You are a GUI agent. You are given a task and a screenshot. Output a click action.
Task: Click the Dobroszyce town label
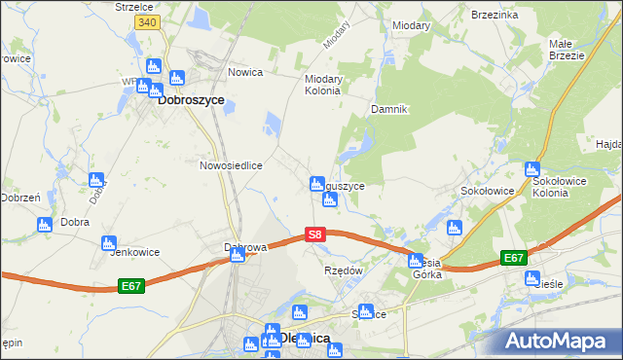191,99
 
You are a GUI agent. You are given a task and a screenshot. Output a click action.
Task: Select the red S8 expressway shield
314,234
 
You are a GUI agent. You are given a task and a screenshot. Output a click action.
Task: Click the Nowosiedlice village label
232,165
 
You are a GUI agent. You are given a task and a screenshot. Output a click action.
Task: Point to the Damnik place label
387,109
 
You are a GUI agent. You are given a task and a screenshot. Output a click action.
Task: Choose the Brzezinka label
495,16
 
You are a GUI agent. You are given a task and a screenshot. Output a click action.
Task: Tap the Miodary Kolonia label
322,85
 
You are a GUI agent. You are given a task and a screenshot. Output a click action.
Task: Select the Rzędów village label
343,270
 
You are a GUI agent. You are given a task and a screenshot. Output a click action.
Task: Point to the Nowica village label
247,71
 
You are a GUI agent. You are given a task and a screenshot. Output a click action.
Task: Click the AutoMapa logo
561,341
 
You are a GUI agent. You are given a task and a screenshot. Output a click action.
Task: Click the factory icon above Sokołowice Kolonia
531,168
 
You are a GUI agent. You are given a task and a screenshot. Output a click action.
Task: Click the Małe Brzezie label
566,50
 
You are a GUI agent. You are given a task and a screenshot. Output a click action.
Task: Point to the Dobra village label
75,222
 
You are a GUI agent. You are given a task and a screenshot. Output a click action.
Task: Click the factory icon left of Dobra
43,225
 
